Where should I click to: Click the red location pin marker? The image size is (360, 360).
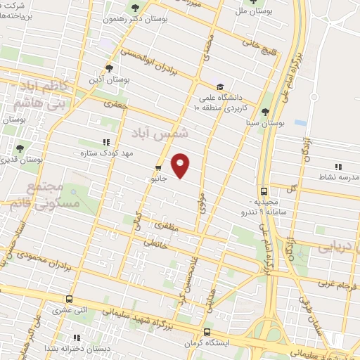181,165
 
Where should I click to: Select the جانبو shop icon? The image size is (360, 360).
157,168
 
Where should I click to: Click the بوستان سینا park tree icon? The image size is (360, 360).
265,112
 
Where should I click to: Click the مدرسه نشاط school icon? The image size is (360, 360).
338,167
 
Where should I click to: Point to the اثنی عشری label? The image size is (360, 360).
89,308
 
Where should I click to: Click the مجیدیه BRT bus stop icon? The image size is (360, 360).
264,191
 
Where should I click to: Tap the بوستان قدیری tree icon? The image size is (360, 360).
19,149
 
